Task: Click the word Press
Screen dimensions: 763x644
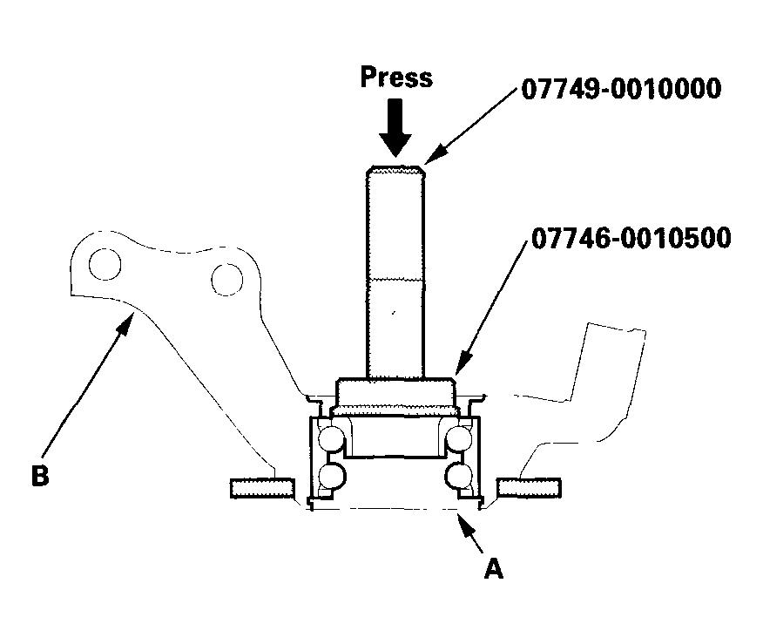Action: [396, 78]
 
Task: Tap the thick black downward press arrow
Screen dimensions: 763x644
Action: [395, 127]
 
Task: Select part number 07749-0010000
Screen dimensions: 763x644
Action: [621, 89]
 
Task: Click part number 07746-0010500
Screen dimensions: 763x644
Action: [631, 239]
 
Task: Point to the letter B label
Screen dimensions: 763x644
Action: [40, 475]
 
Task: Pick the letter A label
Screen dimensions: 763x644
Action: [493, 567]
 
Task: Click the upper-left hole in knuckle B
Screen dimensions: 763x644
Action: [105, 264]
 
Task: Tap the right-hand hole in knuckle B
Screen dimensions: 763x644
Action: [226, 280]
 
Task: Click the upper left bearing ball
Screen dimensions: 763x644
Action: [332, 439]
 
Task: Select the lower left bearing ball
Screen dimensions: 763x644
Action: [332, 476]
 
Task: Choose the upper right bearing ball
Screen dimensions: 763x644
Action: [459, 439]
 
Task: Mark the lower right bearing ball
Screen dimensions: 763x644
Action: [458, 476]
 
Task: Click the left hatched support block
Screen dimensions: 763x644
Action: [262, 488]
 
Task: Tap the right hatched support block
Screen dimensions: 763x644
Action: [529, 488]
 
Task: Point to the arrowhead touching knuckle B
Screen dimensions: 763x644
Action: [125, 323]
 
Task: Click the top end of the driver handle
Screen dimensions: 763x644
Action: [395, 168]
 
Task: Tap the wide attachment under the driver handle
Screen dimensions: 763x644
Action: [396, 397]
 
